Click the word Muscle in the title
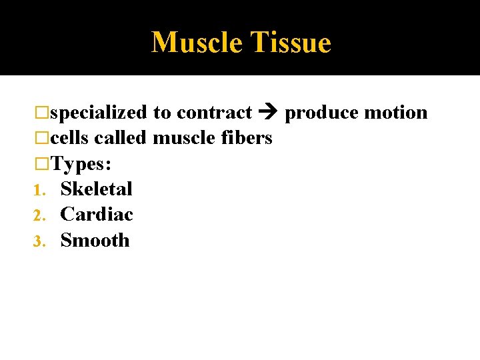click(x=197, y=43)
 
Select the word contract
click(x=214, y=113)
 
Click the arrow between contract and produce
click(x=269, y=113)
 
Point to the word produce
click(x=321, y=113)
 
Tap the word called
click(x=121, y=138)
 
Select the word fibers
click(x=245, y=138)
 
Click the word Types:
click(x=81, y=163)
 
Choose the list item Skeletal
click(x=97, y=189)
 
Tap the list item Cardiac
click(x=97, y=214)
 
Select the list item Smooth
click(x=95, y=240)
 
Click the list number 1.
click(x=38, y=189)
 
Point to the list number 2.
click(x=38, y=215)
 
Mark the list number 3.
click(x=38, y=241)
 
